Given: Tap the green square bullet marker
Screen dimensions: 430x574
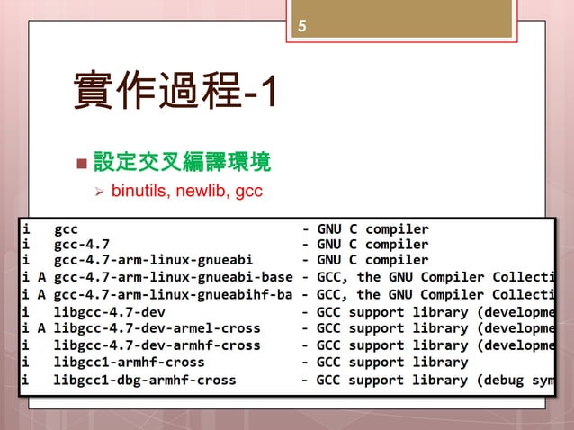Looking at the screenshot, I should [x=83, y=166].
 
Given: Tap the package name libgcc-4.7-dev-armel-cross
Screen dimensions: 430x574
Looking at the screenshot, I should [x=157, y=328].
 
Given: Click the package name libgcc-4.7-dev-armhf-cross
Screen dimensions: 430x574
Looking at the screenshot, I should [x=157, y=345].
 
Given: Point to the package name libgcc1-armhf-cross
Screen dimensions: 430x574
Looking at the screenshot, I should [x=129, y=363].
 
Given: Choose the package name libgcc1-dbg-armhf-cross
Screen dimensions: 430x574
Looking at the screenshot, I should [x=145, y=380].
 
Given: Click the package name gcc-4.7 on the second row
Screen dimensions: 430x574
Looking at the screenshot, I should [x=82, y=243].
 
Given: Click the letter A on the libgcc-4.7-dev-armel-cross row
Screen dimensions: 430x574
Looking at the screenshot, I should [x=41, y=328].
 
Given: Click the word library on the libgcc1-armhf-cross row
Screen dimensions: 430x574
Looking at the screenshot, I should [x=441, y=363].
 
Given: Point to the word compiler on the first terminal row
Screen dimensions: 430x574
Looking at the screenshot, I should [x=397, y=228].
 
